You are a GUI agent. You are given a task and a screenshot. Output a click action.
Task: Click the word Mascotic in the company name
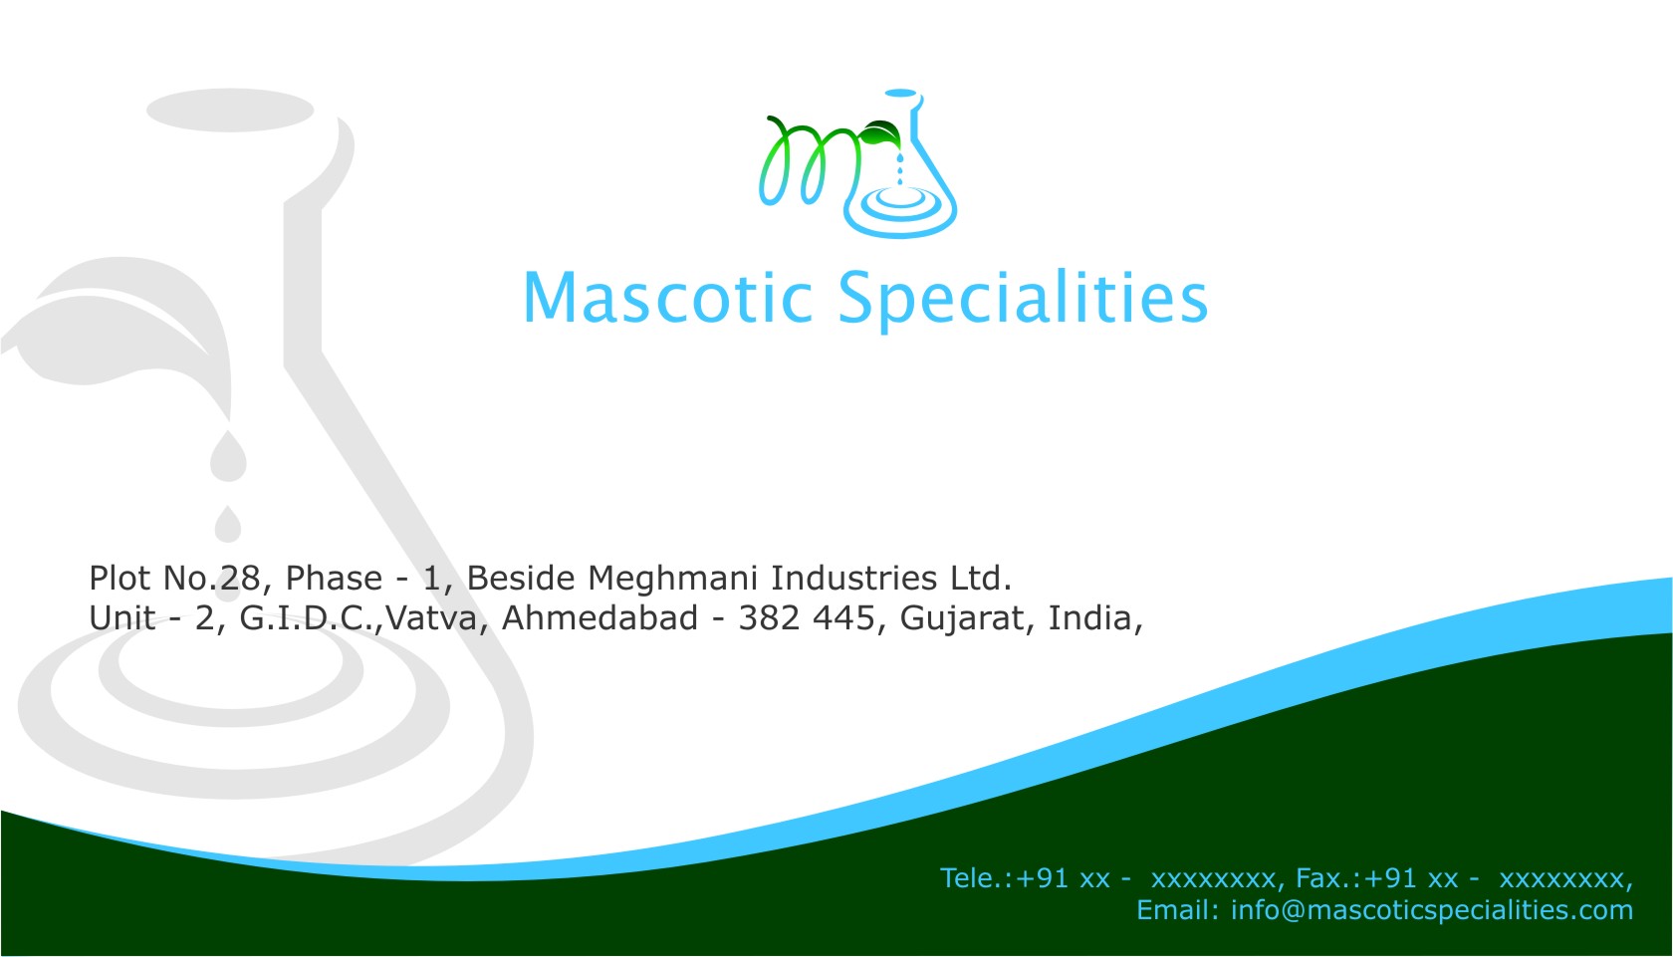[x=667, y=298]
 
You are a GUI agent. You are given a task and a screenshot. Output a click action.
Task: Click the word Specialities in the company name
[x=1023, y=301]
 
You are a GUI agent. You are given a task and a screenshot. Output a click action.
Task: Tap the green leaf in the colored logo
[x=880, y=133]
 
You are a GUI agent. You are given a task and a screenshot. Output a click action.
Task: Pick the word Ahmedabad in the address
[x=599, y=618]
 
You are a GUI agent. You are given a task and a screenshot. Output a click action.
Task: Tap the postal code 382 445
[x=807, y=618]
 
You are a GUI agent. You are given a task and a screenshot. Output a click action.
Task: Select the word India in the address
[x=1090, y=618]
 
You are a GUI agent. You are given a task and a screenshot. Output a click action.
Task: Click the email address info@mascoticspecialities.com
[x=1432, y=910]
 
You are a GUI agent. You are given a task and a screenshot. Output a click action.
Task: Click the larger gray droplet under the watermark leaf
[x=228, y=457]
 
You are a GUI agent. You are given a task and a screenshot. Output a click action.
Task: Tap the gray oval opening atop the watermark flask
[x=230, y=110]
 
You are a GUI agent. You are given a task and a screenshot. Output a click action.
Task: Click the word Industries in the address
[x=853, y=579]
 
